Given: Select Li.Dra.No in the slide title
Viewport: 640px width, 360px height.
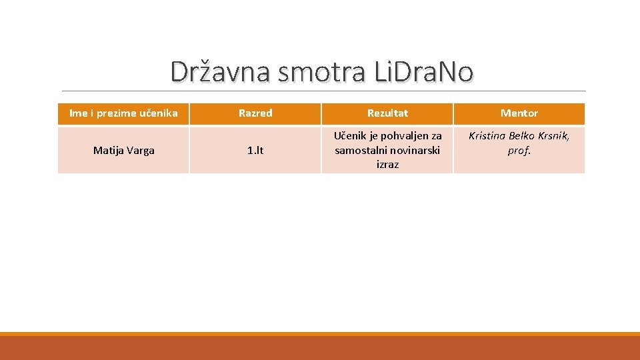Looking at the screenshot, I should pyautogui.click(x=423, y=72).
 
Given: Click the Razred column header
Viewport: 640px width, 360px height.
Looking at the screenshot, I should pyautogui.click(x=255, y=113).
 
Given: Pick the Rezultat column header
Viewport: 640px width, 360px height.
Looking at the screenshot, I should pyautogui.click(x=387, y=113).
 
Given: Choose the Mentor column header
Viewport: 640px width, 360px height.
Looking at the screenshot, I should pyautogui.click(x=519, y=113).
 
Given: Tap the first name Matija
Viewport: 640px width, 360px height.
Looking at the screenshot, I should pyautogui.click(x=107, y=151).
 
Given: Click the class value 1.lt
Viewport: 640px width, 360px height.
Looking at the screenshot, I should pyautogui.click(x=255, y=151).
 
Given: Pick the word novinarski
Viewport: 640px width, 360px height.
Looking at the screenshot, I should pyautogui.click(x=415, y=150).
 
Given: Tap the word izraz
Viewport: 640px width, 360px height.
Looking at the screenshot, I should pyautogui.click(x=387, y=164).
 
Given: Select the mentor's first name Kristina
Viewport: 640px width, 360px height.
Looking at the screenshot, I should pyautogui.click(x=487, y=136).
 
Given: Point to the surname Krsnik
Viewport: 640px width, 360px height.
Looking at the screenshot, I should pyautogui.click(x=555, y=136).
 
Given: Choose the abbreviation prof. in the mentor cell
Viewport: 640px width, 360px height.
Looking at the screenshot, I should pyautogui.click(x=519, y=150).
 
